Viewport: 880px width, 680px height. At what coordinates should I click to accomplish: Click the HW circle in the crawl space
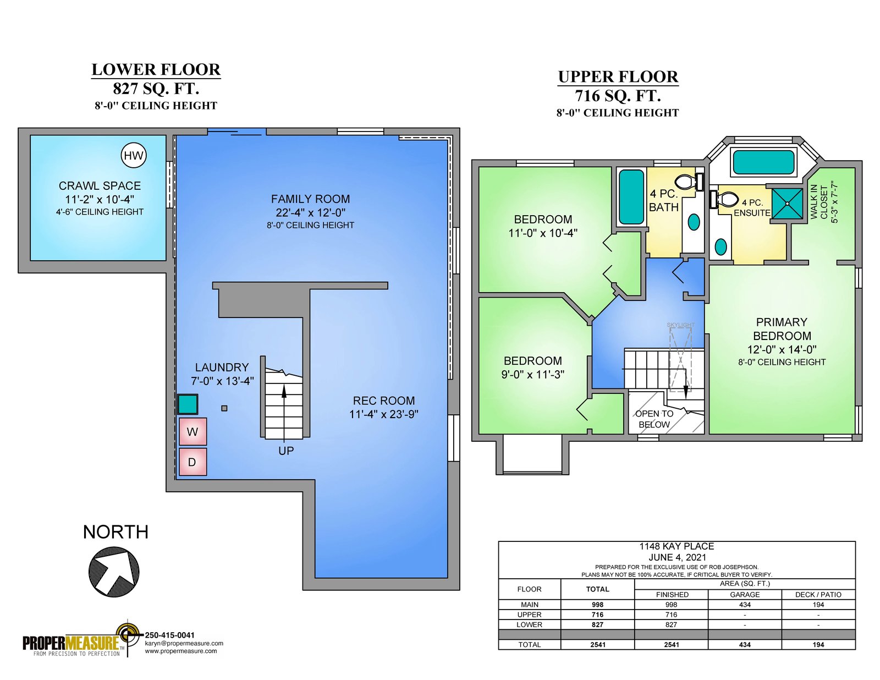point(134,156)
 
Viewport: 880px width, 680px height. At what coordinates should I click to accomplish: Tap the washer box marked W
point(193,431)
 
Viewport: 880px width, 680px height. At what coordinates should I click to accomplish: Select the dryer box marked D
point(193,462)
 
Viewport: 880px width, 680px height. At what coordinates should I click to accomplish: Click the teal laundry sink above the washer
point(188,404)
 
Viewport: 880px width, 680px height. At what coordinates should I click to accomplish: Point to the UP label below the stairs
point(286,451)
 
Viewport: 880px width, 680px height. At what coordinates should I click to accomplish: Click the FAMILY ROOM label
point(310,199)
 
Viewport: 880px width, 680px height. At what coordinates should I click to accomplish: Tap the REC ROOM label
point(384,401)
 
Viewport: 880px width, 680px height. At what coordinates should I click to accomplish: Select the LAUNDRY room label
point(222,368)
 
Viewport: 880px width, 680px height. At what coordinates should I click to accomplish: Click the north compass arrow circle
point(114,572)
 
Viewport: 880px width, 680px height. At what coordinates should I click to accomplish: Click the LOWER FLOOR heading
point(156,70)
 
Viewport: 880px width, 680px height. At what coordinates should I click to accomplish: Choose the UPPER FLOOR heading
point(618,77)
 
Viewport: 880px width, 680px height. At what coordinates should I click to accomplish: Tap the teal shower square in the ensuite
point(787,204)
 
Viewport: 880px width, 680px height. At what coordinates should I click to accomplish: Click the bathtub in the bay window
point(763,162)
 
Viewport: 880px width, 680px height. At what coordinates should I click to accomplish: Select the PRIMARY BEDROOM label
point(782,329)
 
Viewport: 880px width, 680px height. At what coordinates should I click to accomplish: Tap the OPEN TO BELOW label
point(654,419)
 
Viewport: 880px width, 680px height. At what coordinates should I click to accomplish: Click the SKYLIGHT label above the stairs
point(681,325)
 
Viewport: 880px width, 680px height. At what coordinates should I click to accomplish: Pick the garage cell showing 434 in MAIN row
point(745,605)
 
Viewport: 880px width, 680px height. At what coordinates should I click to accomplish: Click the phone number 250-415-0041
point(170,635)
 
